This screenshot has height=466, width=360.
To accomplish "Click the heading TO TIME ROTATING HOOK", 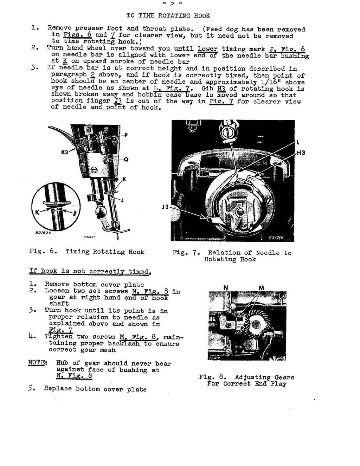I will [168, 16].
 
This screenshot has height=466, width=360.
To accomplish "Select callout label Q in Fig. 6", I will [126, 160].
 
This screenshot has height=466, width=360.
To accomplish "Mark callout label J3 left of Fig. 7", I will [165, 207].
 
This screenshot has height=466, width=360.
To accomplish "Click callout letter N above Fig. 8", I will [226, 288].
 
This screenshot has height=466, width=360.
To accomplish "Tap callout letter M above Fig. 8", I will [261, 288].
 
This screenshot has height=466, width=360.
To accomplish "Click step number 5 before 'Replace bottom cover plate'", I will [31, 389].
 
